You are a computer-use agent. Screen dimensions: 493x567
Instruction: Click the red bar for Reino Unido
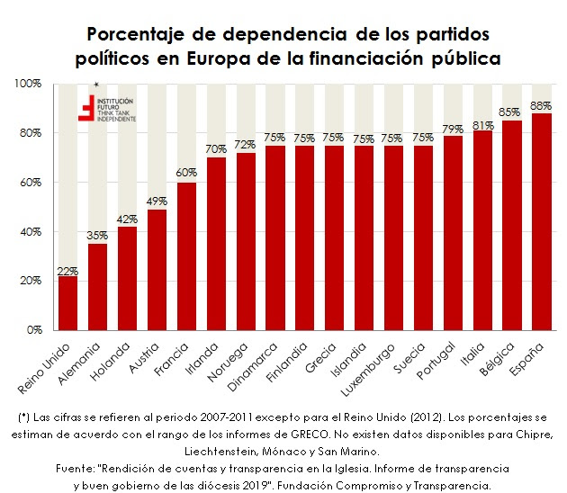[x=67, y=302]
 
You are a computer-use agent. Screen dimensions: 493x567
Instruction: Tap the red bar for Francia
[x=186, y=255]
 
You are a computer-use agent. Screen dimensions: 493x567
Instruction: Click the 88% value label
[x=541, y=105]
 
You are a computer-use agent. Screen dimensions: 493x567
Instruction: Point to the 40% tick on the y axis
[x=31, y=232]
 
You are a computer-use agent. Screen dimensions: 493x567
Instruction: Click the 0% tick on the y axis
[x=34, y=330]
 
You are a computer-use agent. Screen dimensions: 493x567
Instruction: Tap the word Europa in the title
[x=292, y=58]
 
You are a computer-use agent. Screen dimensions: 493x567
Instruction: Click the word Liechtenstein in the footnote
[x=221, y=449]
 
